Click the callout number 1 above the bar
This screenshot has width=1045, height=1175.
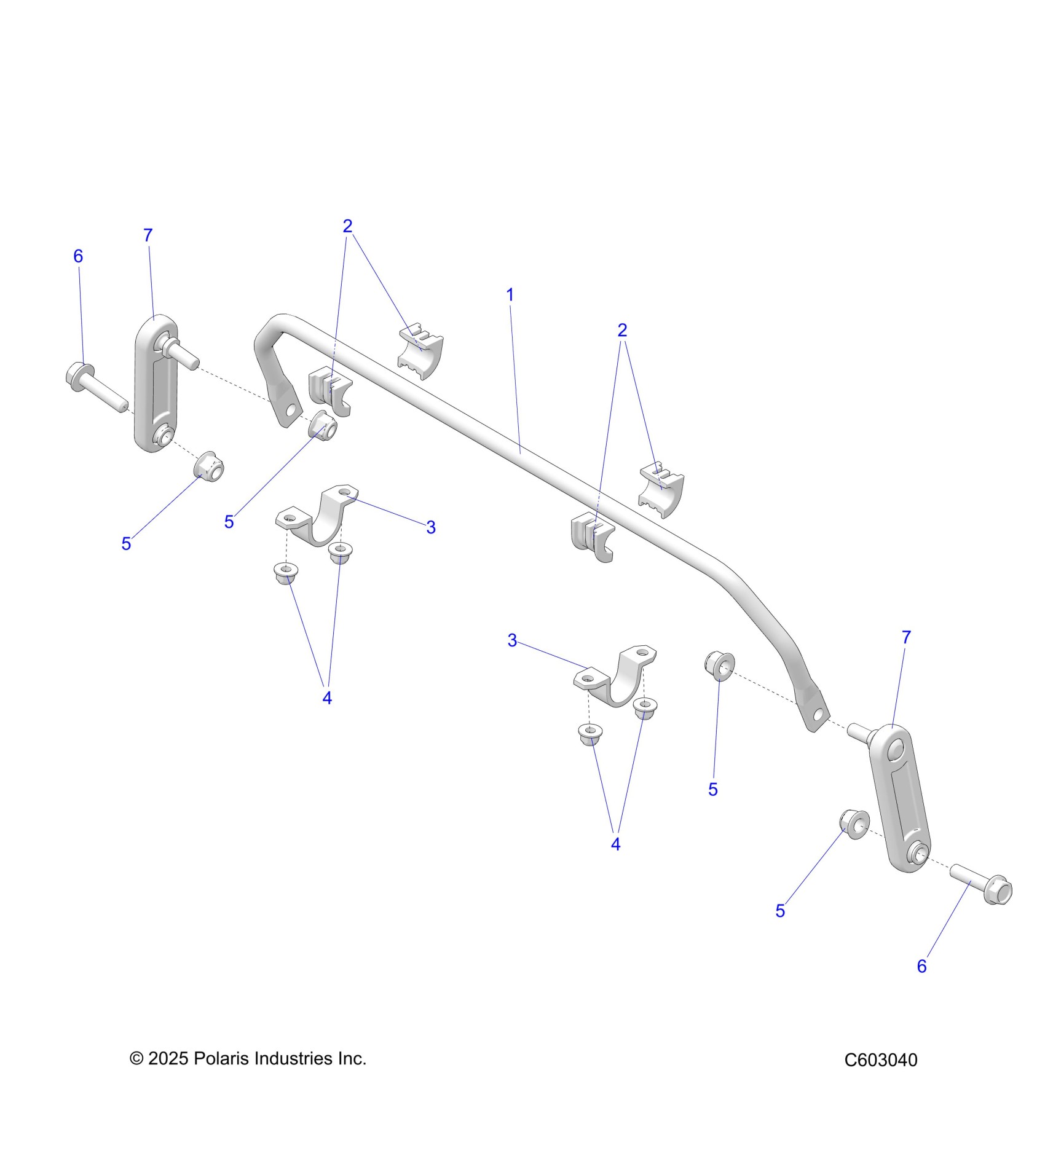[510, 295]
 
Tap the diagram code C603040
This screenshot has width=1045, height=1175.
[880, 1060]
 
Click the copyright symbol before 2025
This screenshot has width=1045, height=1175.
[136, 1058]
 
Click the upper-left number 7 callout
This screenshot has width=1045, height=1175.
[148, 235]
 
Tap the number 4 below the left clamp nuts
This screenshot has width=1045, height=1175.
[327, 698]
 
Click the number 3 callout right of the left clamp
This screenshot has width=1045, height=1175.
[431, 527]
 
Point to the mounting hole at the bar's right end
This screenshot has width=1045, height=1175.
[818, 714]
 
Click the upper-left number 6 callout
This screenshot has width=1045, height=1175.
[78, 256]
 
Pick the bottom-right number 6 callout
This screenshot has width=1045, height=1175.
[921, 967]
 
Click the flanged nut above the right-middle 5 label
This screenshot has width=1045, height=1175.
[719, 664]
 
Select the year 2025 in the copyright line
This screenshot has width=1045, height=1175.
[168, 1058]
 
